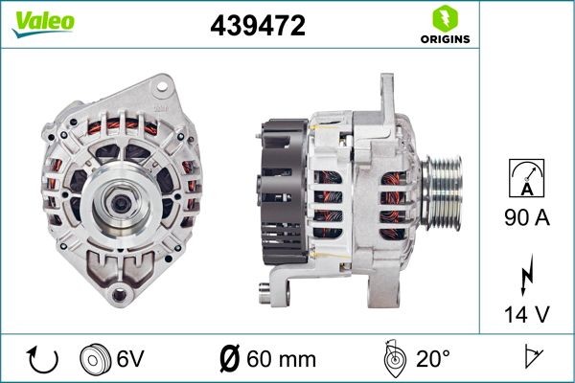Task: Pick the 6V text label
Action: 131,359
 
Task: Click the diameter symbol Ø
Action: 230,359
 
